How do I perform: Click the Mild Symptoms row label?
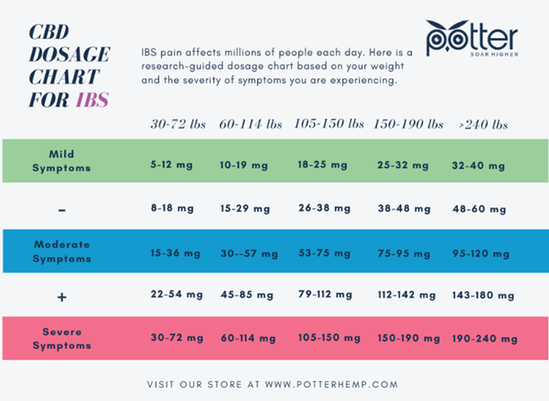tap(62, 160)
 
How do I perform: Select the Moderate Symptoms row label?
tap(62, 251)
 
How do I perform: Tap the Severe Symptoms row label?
tap(62, 337)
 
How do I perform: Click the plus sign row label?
tap(62, 297)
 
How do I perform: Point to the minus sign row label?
tap(62, 209)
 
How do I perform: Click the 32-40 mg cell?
tap(478, 164)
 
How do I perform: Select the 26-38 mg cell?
tap(324, 208)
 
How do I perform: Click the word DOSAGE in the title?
tap(67, 52)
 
